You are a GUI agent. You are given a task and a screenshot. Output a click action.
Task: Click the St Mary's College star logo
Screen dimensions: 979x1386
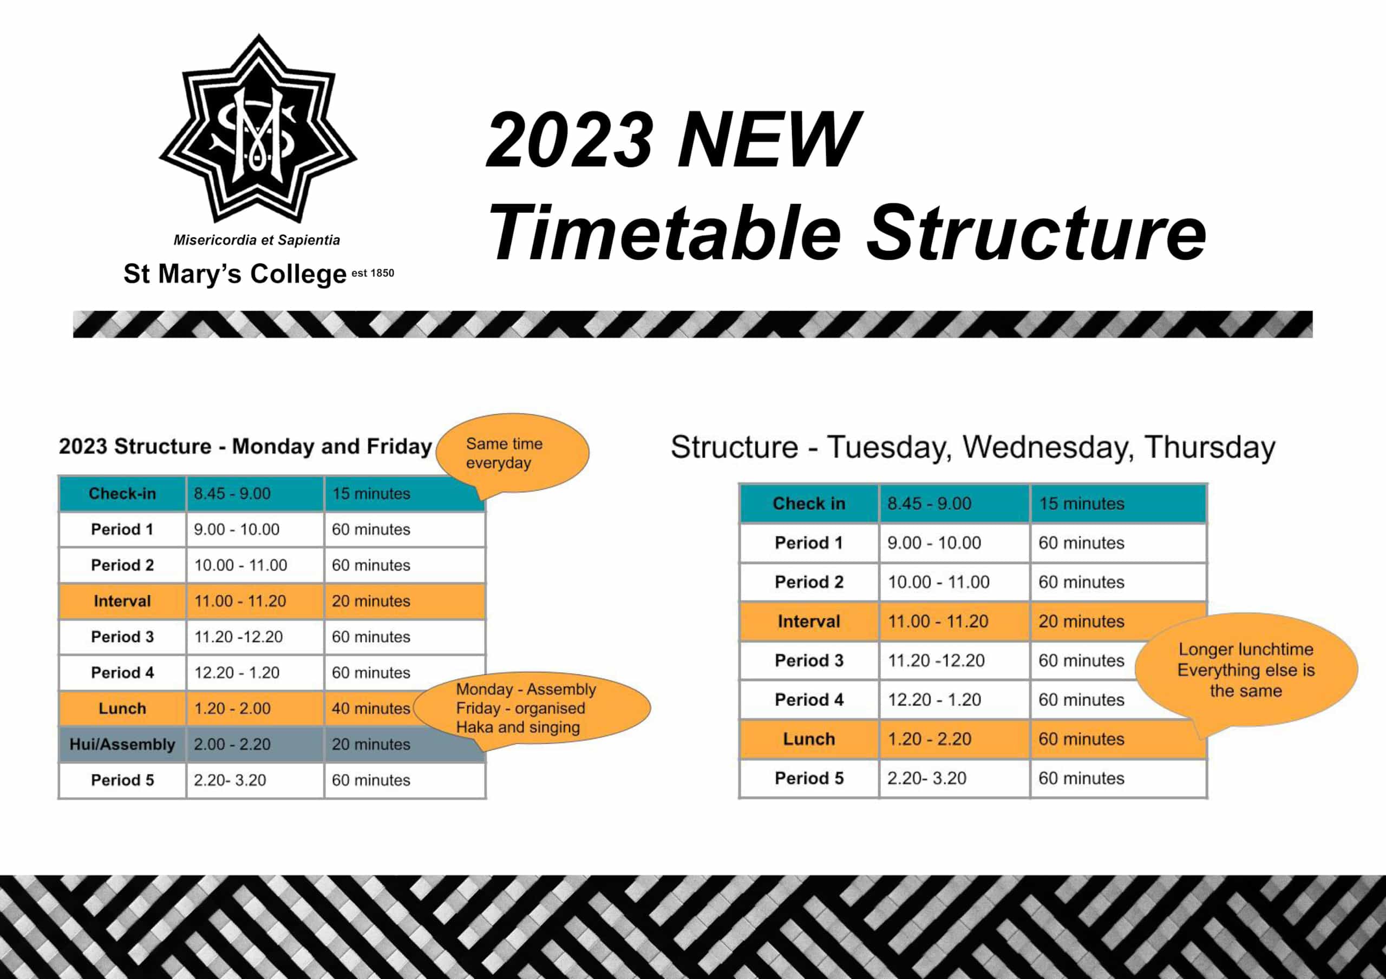click(x=258, y=130)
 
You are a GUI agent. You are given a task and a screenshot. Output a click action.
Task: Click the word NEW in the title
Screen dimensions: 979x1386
click(x=768, y=140)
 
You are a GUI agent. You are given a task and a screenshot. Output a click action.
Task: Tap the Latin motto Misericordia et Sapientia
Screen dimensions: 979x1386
click(x=257, y=240)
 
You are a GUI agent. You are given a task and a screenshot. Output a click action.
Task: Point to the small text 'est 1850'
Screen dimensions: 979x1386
click(x=372, y=273)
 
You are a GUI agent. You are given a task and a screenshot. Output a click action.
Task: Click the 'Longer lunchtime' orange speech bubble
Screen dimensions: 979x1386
click(x=1245, y=670)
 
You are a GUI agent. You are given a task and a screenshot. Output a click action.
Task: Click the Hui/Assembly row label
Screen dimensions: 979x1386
click(x=122, y=744)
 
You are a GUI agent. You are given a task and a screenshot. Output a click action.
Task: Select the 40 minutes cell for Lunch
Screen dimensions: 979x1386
click(x=371, y=708)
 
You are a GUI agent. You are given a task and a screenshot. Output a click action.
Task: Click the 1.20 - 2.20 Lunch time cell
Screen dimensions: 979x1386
click(x=929, y=739)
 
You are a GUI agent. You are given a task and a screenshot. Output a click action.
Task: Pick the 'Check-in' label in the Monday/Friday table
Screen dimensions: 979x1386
click(x=122, y=493)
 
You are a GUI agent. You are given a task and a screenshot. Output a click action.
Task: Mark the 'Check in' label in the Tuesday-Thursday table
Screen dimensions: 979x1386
click(x=809, y=504)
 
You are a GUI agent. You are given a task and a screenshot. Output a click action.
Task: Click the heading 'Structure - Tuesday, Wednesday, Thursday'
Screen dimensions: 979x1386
click(x=972, y=447)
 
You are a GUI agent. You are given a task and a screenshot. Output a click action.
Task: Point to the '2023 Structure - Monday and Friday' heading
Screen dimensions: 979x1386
click(x=245, y=446)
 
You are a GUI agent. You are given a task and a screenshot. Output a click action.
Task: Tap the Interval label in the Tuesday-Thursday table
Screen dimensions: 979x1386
click(x=809, y=621)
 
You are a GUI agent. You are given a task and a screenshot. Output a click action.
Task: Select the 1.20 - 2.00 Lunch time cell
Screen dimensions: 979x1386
click(x=232, y=708)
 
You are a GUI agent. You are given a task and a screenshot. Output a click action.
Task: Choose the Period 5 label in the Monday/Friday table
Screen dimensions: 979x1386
click(x=122, y=780)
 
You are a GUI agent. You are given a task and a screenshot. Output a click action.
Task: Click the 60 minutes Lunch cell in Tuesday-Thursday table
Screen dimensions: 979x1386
click(x=1081, y=739)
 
